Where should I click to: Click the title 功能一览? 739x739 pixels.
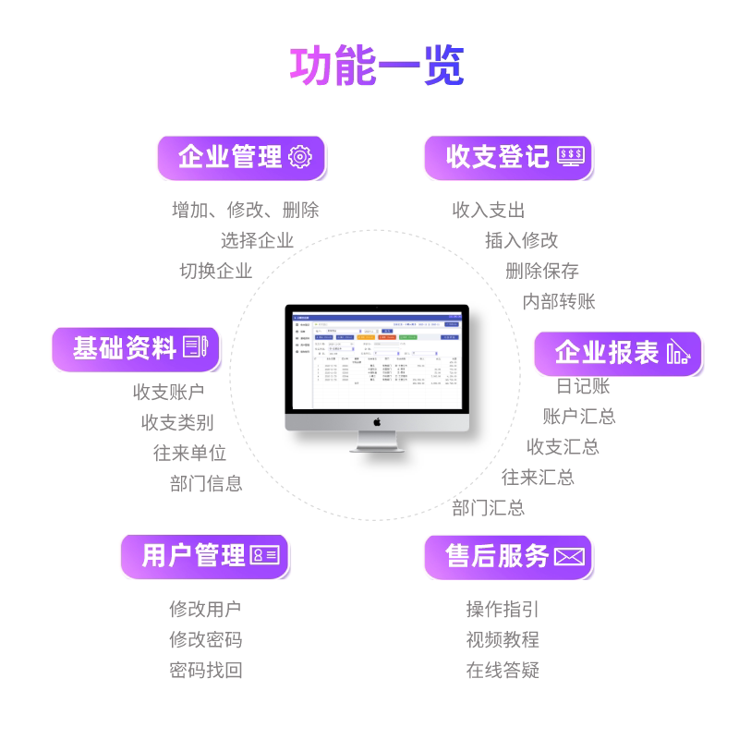pyautogui.click(x=377, y=66)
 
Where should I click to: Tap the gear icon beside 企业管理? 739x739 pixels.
pyautogui.click(x=301, y=157)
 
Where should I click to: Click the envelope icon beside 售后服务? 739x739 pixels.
pyautogui.click(x=569, y=556)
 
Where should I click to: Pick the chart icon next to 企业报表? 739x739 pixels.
pyautogui.click(x=678, y=352)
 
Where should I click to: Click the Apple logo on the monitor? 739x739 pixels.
pyautogui.click(x=377, y=421)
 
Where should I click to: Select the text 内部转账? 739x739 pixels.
pyautogui.click(x=559, y=301)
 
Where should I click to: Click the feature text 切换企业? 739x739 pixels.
pyautogui.click(x=215, y=271)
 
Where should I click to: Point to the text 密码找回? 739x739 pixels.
pyautogui.click(x=205, y=670)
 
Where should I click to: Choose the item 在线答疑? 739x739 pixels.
pyautogui.click(x=503, y=670)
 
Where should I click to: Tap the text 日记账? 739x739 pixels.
pyautogui.click(x=583, y=386)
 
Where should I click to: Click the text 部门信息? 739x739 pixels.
pyautogui.click(x=206, y=483)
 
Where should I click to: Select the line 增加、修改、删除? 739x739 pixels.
pyautogui.click(x=245, y=211)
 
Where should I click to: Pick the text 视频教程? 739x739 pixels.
pyautogui.click(x=503, y=639)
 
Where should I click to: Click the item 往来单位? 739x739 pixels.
pyautogui.click(x=189, y=453)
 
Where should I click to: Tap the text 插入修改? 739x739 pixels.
pyautogui.click(x=522, y=240)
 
